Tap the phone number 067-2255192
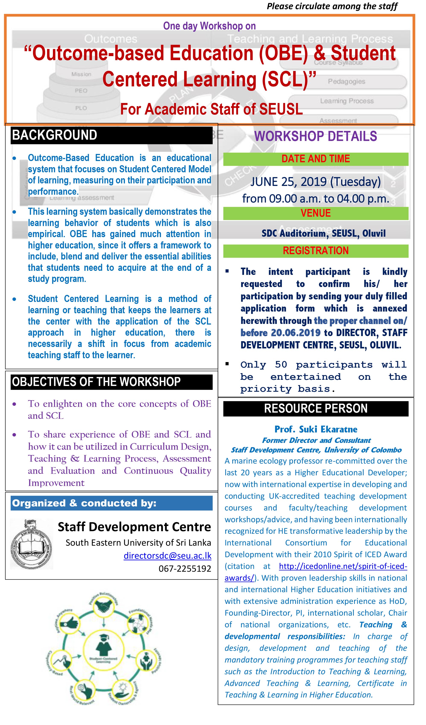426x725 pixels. pos(185,568)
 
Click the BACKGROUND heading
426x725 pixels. pos(55,135)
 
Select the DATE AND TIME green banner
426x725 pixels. pos(316,159)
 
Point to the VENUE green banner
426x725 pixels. pos(316,213)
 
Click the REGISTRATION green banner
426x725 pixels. pos(316,251)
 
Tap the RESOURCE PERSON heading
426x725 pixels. pos(316,409)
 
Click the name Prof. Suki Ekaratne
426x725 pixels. pos(316,429)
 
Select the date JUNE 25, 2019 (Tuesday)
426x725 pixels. pos(316,182)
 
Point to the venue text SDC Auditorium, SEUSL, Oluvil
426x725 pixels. pos(323,233)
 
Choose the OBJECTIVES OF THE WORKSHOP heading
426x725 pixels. pos(96,382)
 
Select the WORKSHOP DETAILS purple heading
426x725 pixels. pos(316,136)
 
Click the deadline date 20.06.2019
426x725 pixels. pos(296,333)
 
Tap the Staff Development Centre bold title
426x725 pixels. pos(134,527)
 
